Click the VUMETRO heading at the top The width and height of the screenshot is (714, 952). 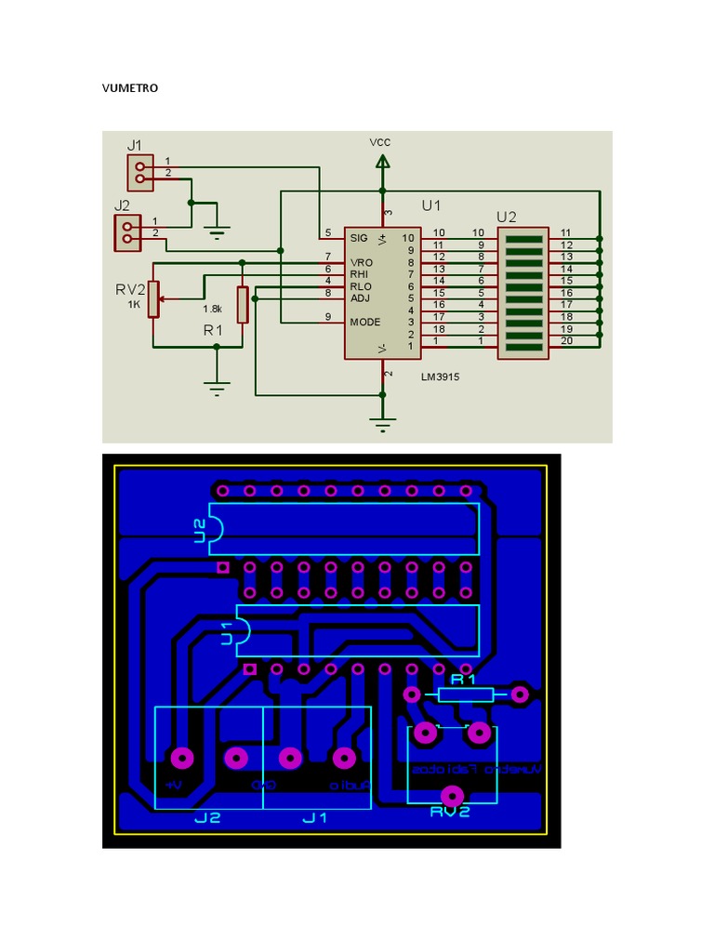click(130, 88)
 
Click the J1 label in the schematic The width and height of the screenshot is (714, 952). click(135, 145)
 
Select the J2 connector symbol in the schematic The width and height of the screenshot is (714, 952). click(126, 232)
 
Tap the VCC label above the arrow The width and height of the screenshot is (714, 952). click(380, 142)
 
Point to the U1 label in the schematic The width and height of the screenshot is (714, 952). click(431, 205)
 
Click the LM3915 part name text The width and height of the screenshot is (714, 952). click(440, 377)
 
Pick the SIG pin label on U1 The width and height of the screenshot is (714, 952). click(359, 238)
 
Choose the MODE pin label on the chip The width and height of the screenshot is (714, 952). click(364, 322)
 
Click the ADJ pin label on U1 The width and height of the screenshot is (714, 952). click(360, 297)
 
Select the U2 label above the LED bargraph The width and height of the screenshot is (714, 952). click(507, 217)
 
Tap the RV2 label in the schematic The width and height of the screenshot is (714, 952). click(130, 289)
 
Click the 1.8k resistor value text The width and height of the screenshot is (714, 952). click(212, 308)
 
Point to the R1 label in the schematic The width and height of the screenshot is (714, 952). click(214, 330)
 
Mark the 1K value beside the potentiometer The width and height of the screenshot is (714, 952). click(134, 304)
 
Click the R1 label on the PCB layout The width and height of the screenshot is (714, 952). click(462, 681)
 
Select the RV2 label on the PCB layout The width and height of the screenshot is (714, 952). click(450, 812)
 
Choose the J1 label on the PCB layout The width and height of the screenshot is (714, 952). click(315, 818)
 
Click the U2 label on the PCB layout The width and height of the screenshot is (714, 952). click(200, 531)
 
